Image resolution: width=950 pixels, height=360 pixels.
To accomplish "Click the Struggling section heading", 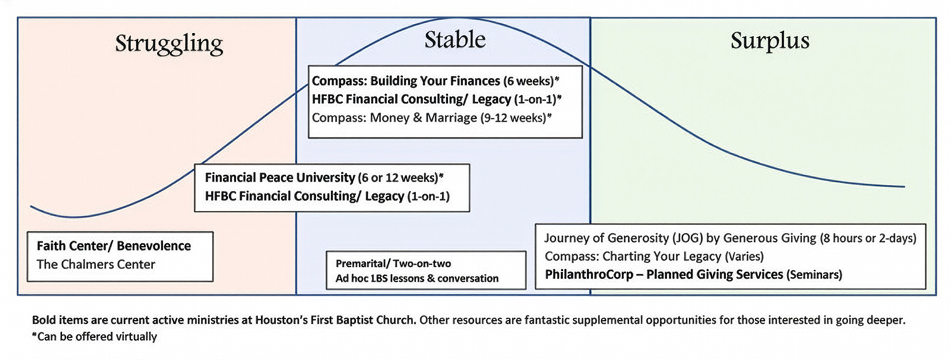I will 169,44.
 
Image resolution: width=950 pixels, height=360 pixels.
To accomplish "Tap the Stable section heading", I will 455,40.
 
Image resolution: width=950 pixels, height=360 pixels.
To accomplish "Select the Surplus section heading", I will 769,40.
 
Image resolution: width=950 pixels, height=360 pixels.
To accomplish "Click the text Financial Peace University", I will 280,178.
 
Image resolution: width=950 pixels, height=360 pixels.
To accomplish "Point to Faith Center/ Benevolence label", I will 114,246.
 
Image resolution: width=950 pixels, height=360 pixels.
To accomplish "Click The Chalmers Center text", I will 96,264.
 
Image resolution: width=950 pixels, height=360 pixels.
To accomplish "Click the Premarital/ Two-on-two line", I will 393,263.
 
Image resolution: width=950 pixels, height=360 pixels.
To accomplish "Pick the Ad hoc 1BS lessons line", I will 417,278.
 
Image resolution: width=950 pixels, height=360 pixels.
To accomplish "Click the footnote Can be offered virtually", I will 97,337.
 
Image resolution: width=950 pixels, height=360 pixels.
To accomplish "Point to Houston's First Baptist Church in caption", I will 335,320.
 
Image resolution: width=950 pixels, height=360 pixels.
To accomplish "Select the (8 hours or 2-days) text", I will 867,238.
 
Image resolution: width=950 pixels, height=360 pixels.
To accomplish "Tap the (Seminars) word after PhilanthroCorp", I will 814,275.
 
